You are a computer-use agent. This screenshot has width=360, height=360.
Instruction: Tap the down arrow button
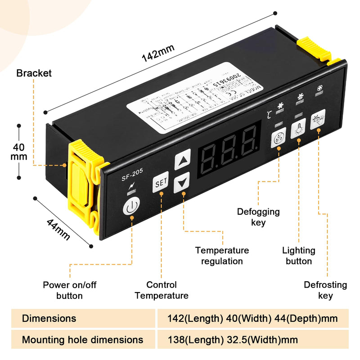click(x=182, y=182)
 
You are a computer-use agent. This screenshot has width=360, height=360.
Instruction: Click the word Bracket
click(x=34, y=73)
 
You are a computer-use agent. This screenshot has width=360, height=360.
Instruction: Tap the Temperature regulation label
click(x=222, y=256)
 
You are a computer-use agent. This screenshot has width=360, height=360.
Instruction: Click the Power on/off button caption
click(x=70, y=290)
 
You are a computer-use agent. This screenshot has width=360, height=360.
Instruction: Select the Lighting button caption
click(x=299, y=256)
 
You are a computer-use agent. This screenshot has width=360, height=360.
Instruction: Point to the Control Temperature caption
click(x=162, y=290)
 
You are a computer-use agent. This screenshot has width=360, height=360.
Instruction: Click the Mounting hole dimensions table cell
click(x=83, y=340)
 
